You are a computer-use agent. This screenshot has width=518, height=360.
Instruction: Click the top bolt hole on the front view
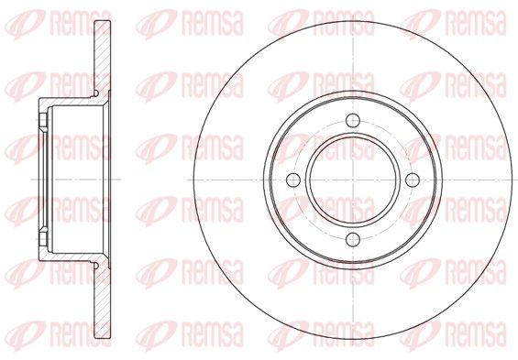pyautogui.click(x=353, y=120)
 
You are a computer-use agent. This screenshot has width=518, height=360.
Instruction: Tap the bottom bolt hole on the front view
pyautogui.click(x=353, y=240)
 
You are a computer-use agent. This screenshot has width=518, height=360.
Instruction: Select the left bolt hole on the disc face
pyautogui.click(x=293, y=180)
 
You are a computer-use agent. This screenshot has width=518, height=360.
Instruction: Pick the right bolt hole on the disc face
pyautogui.click(x=413, y=180)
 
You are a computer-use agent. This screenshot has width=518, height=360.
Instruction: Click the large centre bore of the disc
pyautogui.click(x=353, y=180)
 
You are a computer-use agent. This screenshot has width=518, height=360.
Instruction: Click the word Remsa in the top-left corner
pyautogui.click(x=81, y=23)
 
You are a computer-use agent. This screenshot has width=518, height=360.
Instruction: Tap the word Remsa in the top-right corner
pyautogui.click(x=476, y=23)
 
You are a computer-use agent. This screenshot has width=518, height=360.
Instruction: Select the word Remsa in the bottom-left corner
pyautogui.click(x=81, y=335)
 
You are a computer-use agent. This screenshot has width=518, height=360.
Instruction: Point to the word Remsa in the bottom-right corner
pyautogui.click(x=476, y=335)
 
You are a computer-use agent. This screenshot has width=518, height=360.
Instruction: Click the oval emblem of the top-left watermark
pyautogui.click(x=25, y=25)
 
